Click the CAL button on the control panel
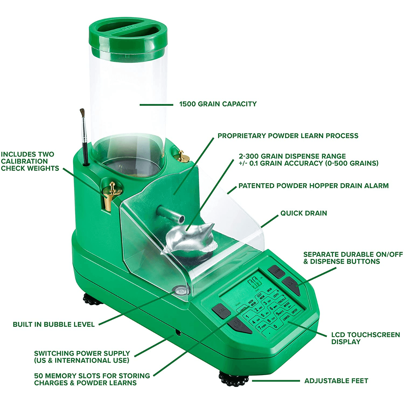[221, 311]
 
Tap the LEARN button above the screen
[276, 271]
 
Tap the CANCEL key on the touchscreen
[287, 317]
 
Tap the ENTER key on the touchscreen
[295, 311]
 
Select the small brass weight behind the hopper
[183, 156]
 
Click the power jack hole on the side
[178, 333]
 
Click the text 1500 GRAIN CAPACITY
[217, 104]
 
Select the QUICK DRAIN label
[303, 213]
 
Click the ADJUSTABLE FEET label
[336, 381]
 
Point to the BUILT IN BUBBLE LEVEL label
[54, 325]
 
